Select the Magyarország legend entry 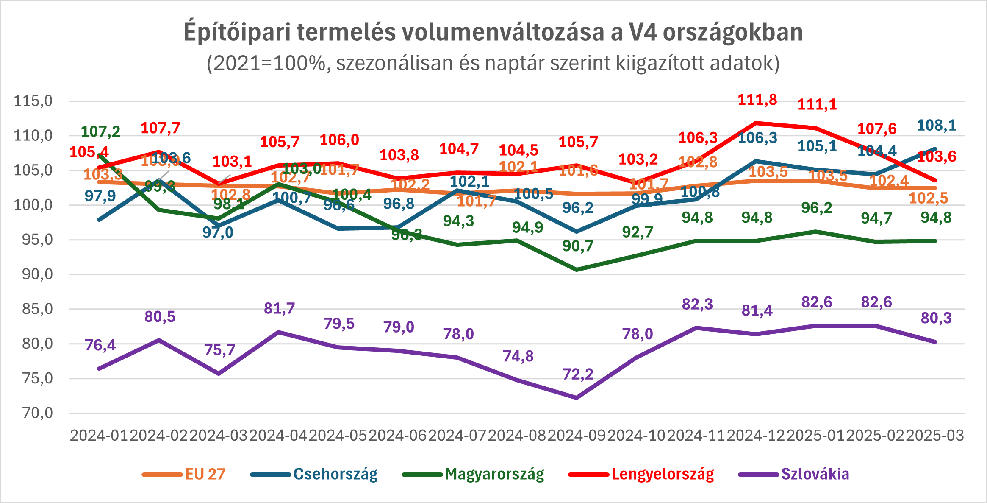[494, 474]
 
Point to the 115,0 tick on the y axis [33, 101]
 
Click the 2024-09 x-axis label [577, 436]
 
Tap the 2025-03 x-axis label [935, 436]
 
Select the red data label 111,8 [757, 100]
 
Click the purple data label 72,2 [578, 374]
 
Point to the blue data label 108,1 [937, 125]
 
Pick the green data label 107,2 [100, 131]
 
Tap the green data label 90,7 [578, 246]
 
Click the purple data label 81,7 [279, 308]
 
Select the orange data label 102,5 [929, 198]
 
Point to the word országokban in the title [733, 32]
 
